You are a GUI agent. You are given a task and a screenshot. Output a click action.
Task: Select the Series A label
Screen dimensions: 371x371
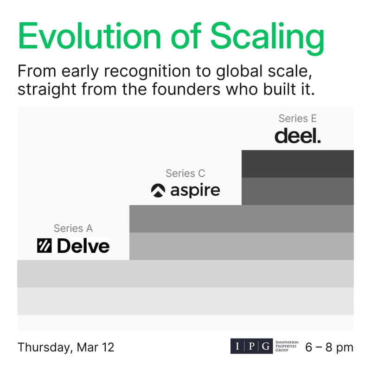[x=73, y=228]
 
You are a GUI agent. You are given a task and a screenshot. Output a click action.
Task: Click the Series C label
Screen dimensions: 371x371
[x=185, y=173]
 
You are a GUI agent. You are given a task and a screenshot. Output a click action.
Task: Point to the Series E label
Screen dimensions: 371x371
[x=297, y=118]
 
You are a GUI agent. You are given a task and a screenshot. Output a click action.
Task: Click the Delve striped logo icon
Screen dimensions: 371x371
[x=45, y=246]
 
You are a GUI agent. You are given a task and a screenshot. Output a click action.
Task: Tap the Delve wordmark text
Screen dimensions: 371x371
[x=83, y=246]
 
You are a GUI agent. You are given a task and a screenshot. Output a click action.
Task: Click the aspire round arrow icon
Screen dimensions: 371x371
[x=158, y=191]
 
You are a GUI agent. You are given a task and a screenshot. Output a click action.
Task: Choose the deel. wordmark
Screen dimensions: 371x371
[x=297, y=136]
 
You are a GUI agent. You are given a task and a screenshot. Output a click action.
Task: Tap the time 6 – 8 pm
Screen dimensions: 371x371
[x=329, y=347]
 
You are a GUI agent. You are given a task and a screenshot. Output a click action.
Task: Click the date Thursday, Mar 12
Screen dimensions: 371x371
[x=66, y=347]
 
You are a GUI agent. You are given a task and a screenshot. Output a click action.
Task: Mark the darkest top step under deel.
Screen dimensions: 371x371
[x=297, y=164]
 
